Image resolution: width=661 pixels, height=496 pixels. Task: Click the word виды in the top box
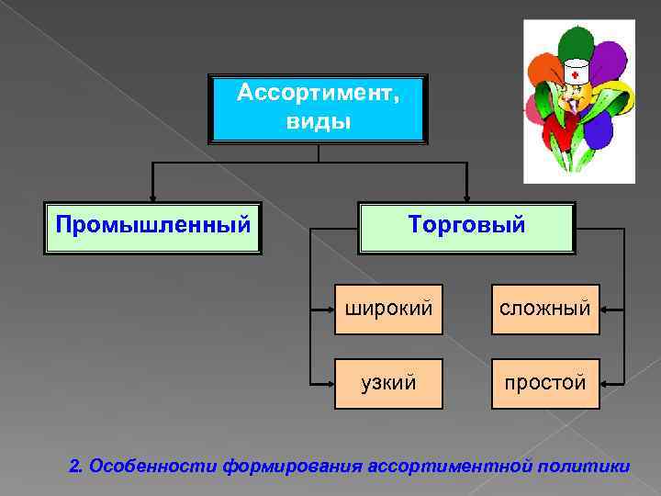[x=319, y=122]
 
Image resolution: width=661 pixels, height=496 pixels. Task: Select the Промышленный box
[x=153, y=226]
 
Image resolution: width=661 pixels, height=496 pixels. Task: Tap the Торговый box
[x=467, y=226]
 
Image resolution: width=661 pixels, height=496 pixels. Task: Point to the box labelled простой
[x=545, y=383]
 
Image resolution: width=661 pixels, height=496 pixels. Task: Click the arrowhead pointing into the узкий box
[x=330, y=383]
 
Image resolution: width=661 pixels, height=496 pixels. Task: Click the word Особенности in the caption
[x=152, y=467]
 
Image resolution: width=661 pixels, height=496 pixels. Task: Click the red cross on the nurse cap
[x=575, y=74]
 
